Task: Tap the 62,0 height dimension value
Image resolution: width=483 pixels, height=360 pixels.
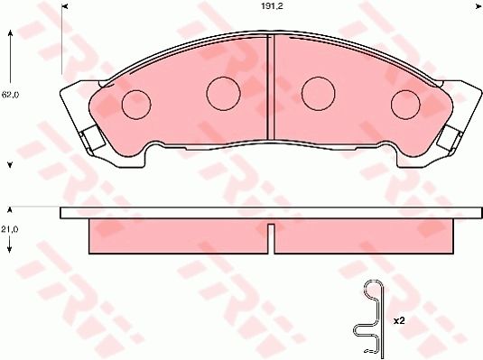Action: pyautogui.click(x=10, y=94)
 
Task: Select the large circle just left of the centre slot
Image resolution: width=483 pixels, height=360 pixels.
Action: pyautogui.click(x=222, y=90)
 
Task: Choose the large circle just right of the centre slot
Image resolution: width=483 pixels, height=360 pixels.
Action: pyautogui.click(x=318, y=90)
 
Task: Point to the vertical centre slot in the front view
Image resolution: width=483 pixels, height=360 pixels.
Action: pyautogui.click(x=271, y=90)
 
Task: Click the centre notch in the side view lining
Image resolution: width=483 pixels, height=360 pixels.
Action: pyautogui.click(x=271, y=223)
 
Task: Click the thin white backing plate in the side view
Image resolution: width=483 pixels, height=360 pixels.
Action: pyautogui.click(x=271, y=213)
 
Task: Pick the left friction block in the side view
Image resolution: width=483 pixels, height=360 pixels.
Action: pyautogui.click(x=179, y=235)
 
